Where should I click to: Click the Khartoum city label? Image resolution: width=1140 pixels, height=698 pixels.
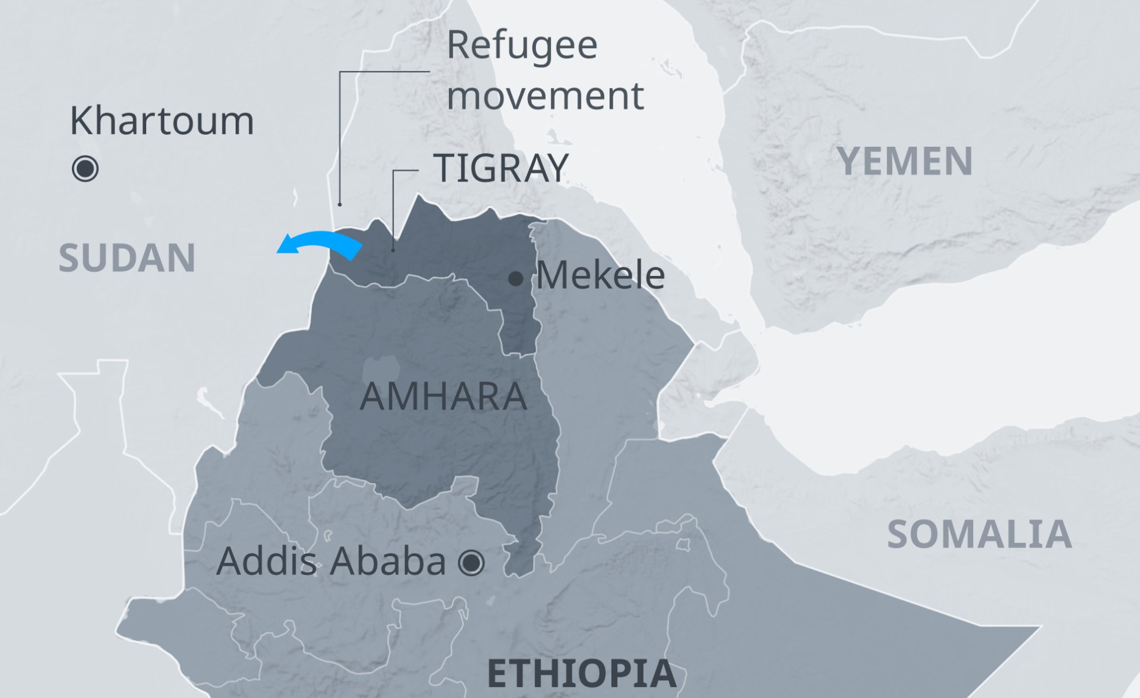point(162,121)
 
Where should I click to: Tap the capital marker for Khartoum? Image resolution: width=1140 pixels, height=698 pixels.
point(85,169)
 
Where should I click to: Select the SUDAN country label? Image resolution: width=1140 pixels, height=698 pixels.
point(127,258)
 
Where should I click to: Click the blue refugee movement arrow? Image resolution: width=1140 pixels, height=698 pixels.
point(323,243)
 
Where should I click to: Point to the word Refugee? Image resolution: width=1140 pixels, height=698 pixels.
point(522,45)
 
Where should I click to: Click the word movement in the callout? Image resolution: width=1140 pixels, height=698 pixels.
point(545,96)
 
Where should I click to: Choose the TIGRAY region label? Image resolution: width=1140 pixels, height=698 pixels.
point(501,167)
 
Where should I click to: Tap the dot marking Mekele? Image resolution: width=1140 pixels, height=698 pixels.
point(515,279)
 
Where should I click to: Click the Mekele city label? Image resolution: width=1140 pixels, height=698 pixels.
point(600,275)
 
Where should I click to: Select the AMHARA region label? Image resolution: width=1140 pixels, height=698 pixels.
point(443,397)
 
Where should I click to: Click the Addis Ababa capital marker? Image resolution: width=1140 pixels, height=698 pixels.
point(471,562)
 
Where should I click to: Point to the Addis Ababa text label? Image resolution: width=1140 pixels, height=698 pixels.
point(331,561)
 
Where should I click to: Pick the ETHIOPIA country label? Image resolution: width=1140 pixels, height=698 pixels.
point(582,674)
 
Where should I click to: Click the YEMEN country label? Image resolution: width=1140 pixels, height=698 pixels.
point(905,161)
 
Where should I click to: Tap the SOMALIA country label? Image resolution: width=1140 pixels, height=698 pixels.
point(979,534)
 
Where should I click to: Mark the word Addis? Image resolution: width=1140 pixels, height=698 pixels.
point(267,561)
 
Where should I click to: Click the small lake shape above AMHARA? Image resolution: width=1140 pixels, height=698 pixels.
point(381,369)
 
